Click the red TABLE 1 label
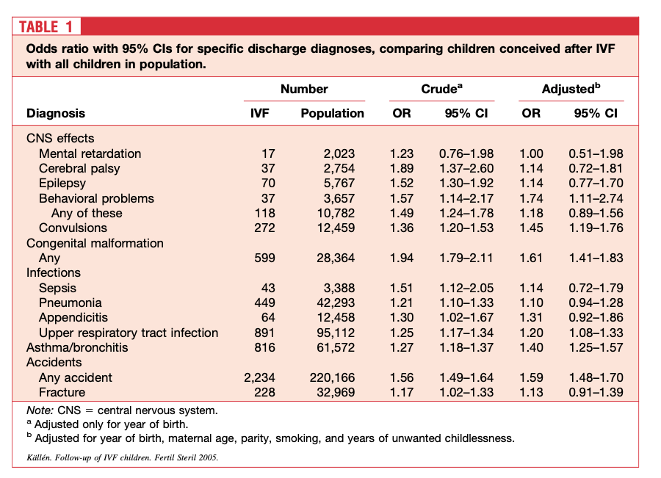point(46,27)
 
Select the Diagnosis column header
point(56,113)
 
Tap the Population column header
point(332,113)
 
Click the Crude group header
point(441,89)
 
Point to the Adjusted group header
point(571,89)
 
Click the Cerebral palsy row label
point(79,168)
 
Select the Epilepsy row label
point(62,183)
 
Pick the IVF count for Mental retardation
point(268,153)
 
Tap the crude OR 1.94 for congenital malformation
point(401,258)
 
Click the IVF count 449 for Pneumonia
point(264,303)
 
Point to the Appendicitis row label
point(73,317)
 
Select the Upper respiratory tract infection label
point(129,333)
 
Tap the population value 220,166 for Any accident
point(333,377)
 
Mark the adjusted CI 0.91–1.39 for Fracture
point(596,392)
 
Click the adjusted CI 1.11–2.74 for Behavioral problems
point(596,198)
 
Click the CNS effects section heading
point(60,138)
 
